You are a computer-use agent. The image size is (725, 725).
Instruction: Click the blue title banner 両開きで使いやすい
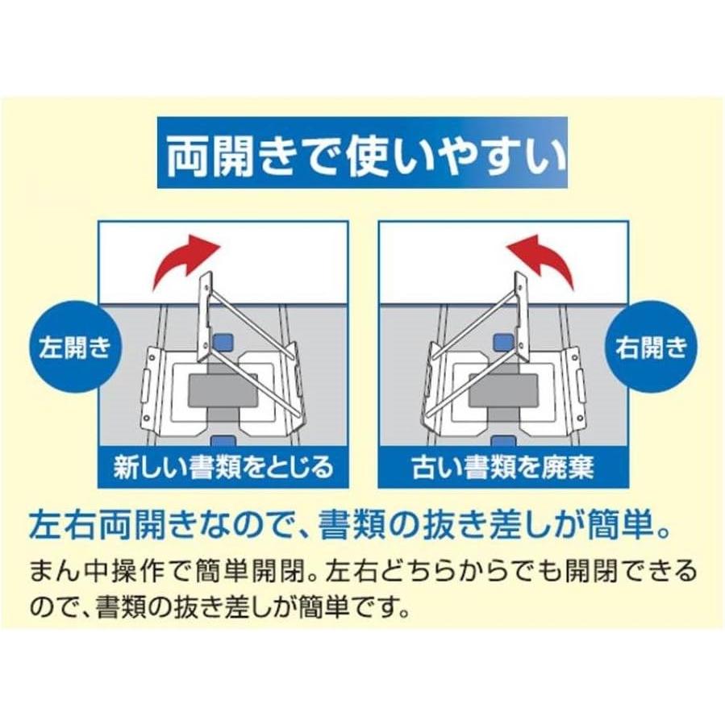(x=363, y=153)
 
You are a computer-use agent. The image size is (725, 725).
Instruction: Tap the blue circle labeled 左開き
(x=74, y=347)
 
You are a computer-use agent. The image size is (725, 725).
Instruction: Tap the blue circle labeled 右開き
(x=651, y=347)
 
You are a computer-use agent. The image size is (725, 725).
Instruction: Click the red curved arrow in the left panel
(x=182, y=261)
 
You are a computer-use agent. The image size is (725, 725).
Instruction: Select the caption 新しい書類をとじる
(x=223, y=467)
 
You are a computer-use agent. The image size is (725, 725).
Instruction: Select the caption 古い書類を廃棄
(x=503, y=467)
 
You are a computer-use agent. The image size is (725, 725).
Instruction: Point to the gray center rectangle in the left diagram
(x=223, y=390)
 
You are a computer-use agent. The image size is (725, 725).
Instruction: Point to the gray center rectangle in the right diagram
(x=503, y=390)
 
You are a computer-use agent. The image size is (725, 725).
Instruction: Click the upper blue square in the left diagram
(x=223, y=342)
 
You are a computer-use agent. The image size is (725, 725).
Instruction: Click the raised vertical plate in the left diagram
(x=206, y=317)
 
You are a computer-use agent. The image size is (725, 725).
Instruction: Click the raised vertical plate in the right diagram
(x=521, y=317)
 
